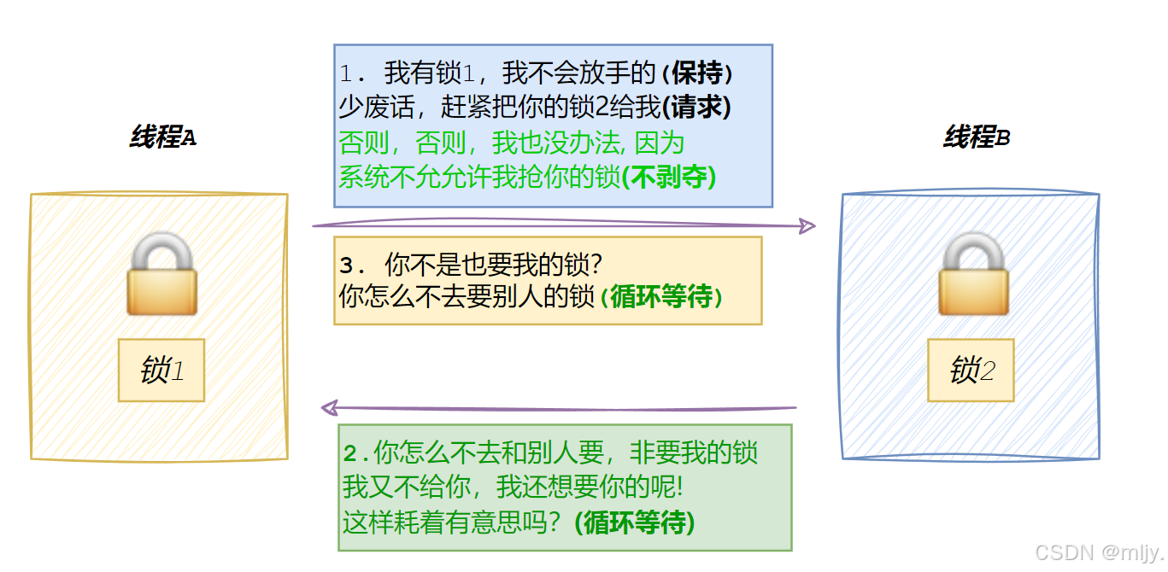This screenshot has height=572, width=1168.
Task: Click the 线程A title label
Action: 162,137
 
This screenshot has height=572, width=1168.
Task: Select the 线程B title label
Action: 977,137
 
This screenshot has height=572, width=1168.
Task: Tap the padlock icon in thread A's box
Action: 161,274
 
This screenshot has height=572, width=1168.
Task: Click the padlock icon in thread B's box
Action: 973,274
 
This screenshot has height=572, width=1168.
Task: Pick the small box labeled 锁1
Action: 161,371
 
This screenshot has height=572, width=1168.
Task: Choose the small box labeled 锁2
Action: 971,371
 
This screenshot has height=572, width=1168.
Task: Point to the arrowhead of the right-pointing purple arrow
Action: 806,226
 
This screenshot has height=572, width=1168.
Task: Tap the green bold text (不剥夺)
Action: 668,177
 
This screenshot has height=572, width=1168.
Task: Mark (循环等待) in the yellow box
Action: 661,297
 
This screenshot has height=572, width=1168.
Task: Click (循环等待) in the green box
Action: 634,522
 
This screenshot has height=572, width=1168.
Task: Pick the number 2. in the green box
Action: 356,453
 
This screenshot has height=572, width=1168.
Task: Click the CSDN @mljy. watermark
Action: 1099,553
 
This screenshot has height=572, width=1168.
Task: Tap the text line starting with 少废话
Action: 534,108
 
